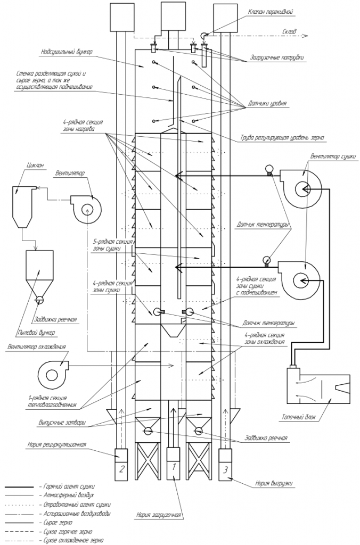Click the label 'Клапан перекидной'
coord(270,12)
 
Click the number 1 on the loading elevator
coord(174,467)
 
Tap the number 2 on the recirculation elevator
coord(121,469)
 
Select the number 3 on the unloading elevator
coord(225,470)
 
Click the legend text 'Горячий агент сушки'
coord(69,487)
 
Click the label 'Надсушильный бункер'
coord(66,52)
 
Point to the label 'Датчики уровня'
coord(267,104)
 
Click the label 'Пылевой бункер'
coord(37,333)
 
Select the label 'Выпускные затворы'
coord(62,423)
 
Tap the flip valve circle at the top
coord(203,35)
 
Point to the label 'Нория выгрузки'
coord(274,483)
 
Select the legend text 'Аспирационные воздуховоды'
coord(78,513)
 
